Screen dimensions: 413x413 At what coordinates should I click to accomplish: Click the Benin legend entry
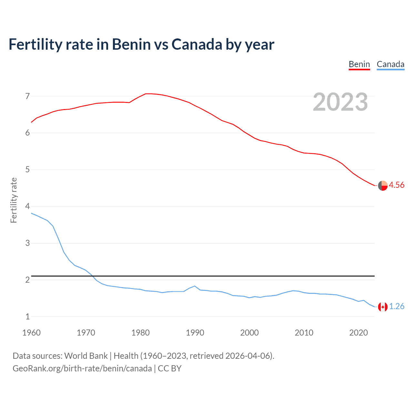[359, 64]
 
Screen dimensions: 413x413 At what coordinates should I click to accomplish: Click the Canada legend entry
[390, 64]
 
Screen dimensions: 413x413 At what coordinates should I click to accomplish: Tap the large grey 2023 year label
[340, 102]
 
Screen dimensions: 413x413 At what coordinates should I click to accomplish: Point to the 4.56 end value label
[396, 185]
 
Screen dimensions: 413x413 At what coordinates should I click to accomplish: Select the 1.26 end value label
[397, 306]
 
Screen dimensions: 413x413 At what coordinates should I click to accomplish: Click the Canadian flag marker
[383, 307]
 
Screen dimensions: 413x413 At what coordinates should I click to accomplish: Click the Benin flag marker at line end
[383, 186]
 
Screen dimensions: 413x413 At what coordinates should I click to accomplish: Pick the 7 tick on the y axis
[27, 96]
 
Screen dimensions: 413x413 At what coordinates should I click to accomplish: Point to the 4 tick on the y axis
[27, 206]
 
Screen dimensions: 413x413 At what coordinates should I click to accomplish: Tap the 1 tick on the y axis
[27, 317]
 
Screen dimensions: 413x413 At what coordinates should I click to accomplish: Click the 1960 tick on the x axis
[31, 333]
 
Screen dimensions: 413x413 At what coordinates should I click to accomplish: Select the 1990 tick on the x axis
[195, 333]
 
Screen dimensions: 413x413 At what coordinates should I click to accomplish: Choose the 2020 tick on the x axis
[358, 333]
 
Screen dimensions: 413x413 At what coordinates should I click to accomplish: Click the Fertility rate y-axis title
[14, 200]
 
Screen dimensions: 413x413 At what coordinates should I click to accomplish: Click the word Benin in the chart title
[131, 44]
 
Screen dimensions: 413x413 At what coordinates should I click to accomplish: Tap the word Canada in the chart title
[196, 44]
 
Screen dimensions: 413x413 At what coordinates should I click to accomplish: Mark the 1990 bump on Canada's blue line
[195, 286]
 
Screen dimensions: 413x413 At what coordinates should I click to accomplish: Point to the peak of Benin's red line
[147, 94]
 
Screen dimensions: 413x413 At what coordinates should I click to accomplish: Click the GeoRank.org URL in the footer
[82, 368]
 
